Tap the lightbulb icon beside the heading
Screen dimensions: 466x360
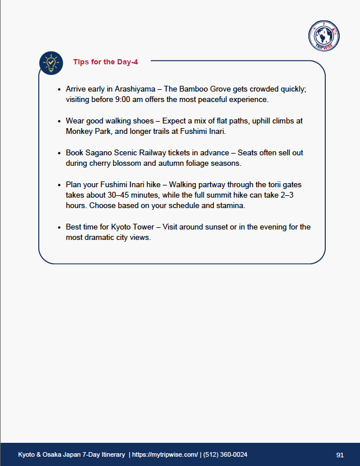point(51,63)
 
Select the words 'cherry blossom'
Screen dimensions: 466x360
point(112,163)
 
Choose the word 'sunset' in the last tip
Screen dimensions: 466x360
point(213,227)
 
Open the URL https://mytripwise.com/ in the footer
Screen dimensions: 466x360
point(165,454)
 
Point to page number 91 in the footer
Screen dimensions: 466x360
point(340,454)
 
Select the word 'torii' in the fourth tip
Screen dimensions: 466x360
point(272,185)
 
